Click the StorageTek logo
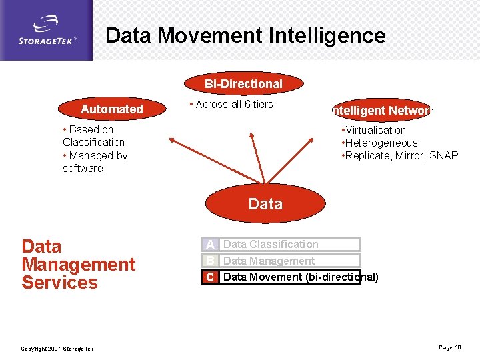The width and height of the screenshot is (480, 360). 47,30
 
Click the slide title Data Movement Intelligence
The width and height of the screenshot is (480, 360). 245,35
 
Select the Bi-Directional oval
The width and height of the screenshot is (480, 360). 243,84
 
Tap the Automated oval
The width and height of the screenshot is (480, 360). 112,109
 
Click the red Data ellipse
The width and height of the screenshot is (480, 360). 265,203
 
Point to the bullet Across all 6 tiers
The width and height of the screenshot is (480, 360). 231,104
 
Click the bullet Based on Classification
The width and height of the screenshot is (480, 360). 93,136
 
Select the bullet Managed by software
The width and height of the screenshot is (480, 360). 94,162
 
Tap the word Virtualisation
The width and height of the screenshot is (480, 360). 375,130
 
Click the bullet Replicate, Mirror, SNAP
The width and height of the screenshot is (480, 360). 401,155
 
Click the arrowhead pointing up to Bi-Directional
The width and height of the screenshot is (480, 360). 251,136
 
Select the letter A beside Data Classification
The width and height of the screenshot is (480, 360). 210,245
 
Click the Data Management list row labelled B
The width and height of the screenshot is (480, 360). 281,261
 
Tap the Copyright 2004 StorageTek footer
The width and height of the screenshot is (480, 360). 57,349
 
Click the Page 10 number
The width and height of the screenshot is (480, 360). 449,347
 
